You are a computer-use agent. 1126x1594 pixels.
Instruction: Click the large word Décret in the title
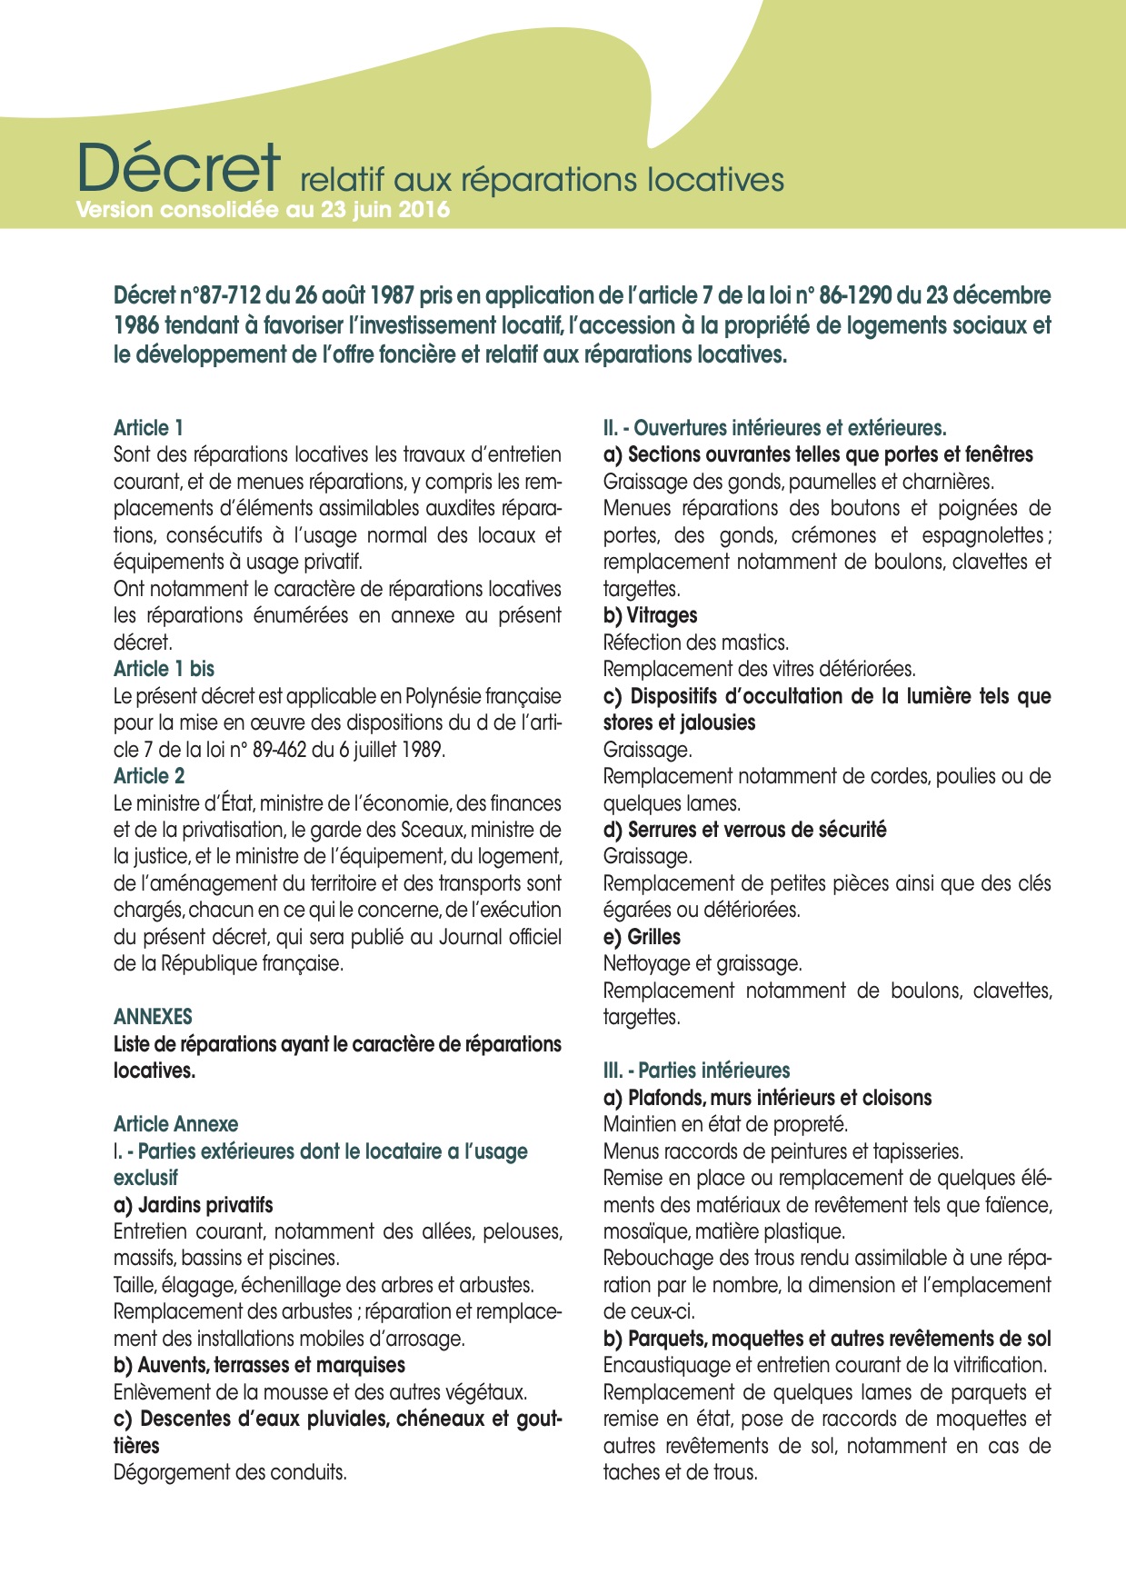[x=179, y=168]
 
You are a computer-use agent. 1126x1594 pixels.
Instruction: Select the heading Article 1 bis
[x=164, y=669]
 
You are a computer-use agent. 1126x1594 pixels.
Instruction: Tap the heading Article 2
[x=149, y=776]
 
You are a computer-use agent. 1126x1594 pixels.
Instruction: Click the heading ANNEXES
[x=153, y=1017]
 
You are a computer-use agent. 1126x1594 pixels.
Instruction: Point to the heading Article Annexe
[x=175, y=1124]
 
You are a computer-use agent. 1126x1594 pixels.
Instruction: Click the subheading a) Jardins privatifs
[x=193, y=1205]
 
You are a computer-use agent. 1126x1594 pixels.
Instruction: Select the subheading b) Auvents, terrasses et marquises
[x=259, y=1365]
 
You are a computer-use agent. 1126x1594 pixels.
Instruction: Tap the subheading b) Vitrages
[x=650, y=615]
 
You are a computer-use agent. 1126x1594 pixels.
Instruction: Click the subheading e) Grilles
[x=642, y=937]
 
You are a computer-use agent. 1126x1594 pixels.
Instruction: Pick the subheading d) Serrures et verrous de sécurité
[x=744, y=830]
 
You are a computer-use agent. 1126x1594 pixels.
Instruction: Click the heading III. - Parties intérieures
[x=696, y=1071]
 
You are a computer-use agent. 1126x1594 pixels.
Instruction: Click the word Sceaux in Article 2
[x=434, y=830]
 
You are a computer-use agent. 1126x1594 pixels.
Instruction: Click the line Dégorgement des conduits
[x=230, y=1472]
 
